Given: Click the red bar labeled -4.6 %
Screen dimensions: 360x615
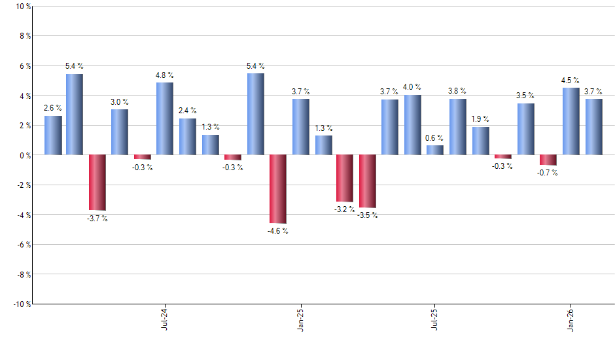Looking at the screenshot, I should tap(278, 189).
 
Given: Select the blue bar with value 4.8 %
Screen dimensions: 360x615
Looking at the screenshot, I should tap(165, 118).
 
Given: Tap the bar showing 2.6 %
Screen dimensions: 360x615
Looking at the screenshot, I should tap(53, 135).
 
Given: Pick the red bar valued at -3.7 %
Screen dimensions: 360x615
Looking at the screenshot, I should tap(97, 182).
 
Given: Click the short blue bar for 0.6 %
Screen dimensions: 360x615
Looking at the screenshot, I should tap(434, 150).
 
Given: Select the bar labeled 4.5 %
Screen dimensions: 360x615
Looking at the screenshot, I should tap(571, 121).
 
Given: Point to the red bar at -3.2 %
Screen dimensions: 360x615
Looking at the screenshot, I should tap(345, 178).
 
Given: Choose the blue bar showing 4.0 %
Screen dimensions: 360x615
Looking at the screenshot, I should tap(412, 125).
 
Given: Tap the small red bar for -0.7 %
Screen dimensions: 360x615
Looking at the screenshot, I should tap(548, 160).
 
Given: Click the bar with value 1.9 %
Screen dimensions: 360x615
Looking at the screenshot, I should tap(480, 141).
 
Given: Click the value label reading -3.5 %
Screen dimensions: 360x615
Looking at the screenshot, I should tap(368, 215).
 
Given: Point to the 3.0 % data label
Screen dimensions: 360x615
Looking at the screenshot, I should tap(120, 102).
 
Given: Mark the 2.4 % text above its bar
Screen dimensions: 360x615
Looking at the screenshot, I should tap(187, 111).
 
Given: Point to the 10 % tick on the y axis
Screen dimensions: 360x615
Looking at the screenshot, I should tap(22, 7).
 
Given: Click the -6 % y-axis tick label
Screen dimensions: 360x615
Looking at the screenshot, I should tap(22, 245).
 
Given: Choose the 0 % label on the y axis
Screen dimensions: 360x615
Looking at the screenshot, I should tap(24, 155).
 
